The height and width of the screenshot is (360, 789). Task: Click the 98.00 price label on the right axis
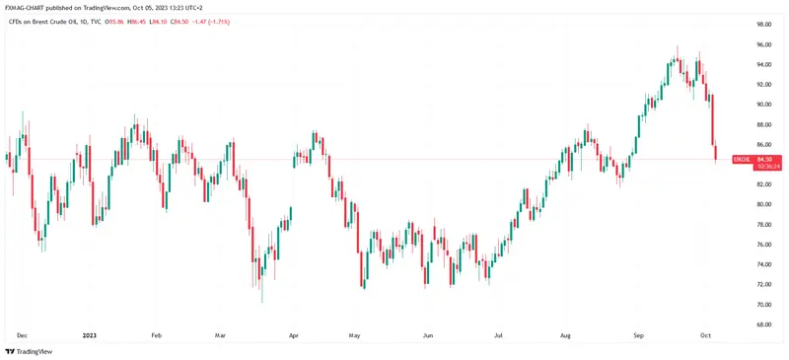pos(762,24)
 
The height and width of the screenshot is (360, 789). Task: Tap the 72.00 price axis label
pos(762,284)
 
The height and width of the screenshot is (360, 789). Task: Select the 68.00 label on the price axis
pos(762,324)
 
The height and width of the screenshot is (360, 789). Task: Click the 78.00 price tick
pos(762,224)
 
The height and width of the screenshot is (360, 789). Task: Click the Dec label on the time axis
pos(22,334)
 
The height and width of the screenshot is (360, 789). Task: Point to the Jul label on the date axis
pos(499,334)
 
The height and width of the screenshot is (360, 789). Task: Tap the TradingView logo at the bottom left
pos(29,351)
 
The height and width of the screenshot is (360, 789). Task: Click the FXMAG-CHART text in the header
pos(31,8)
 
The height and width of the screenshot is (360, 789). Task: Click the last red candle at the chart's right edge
pos(716,151)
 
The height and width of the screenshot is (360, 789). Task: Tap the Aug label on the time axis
pos(566,334)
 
